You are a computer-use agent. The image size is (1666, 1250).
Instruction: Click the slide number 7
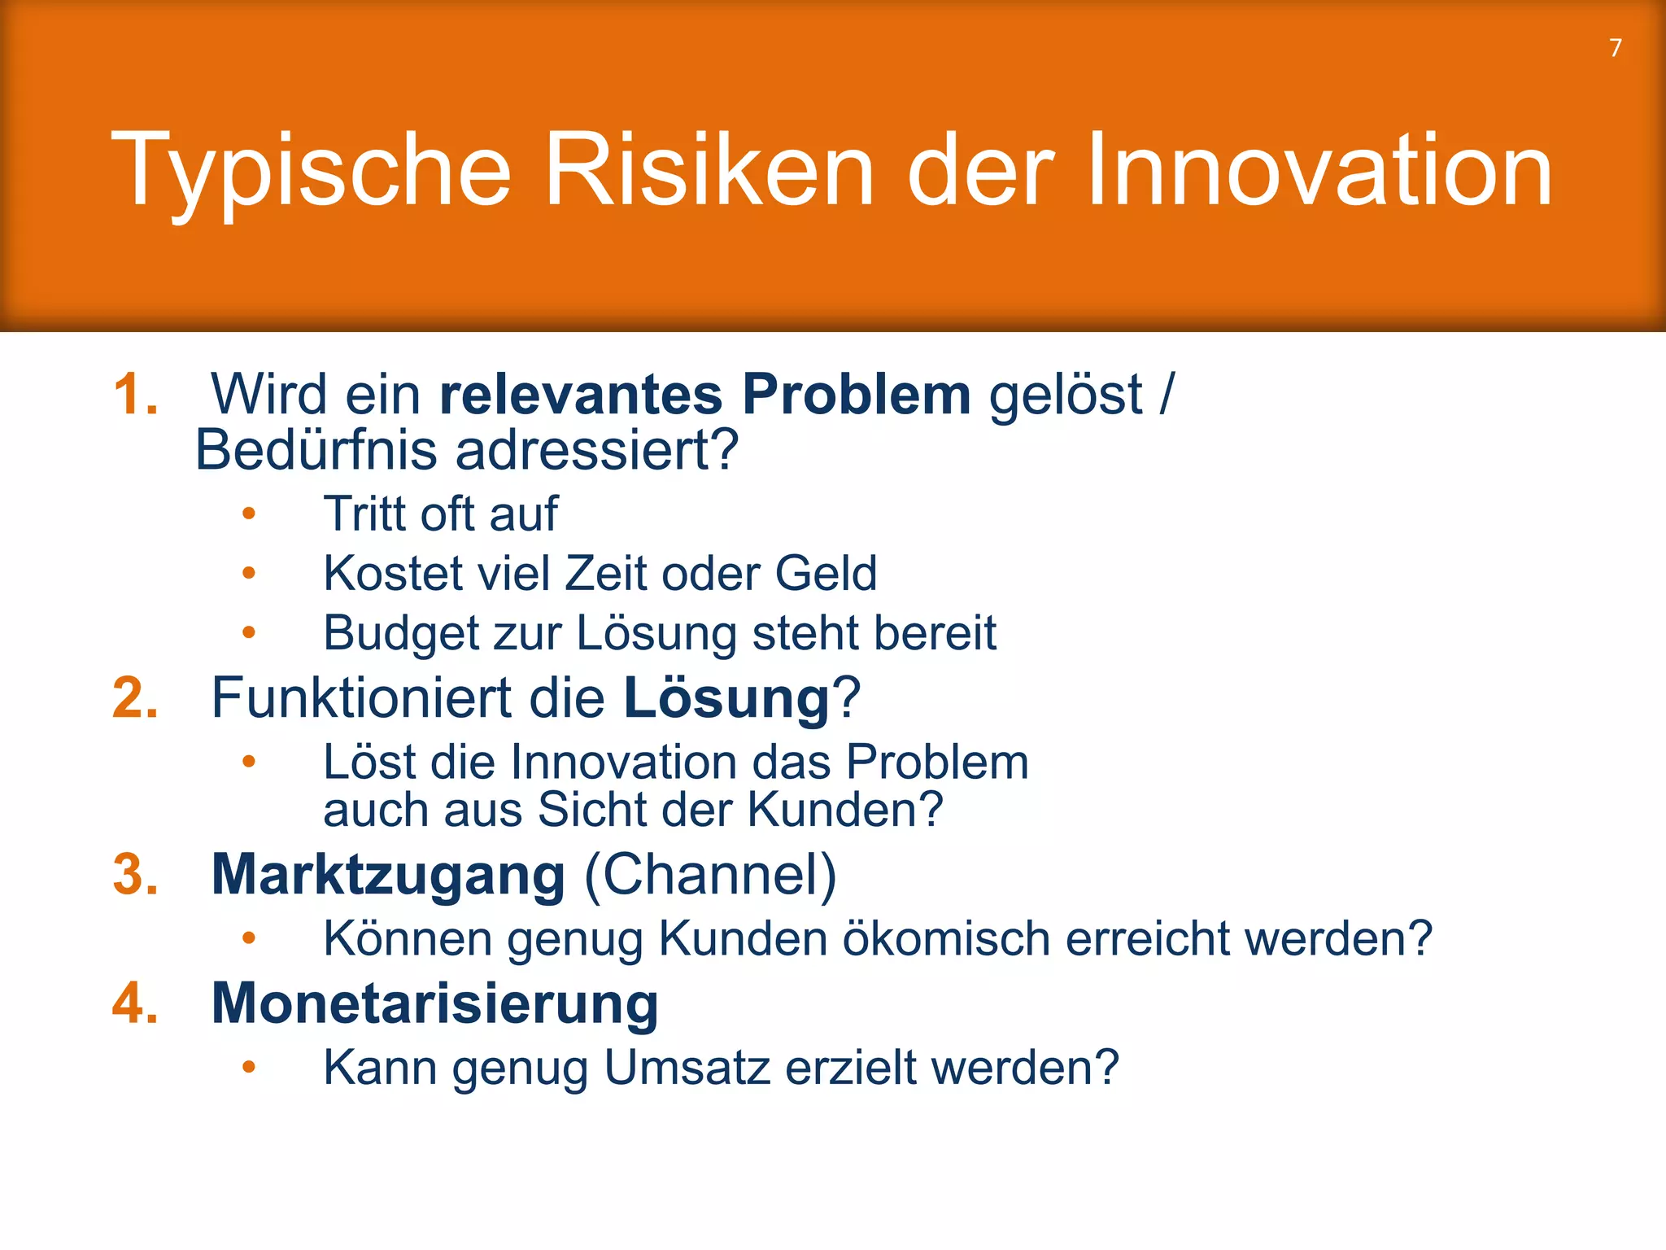[x=1616, y=48]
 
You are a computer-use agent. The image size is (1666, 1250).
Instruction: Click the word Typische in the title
[x=311, y=171]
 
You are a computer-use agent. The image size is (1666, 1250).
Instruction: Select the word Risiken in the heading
[x=709, y=171]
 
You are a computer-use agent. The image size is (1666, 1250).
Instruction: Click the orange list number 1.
[x=135, y=396]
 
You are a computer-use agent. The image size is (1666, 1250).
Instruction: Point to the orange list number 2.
[x=135, y=699]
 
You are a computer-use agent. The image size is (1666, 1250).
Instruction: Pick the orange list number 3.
[x=135, y=876]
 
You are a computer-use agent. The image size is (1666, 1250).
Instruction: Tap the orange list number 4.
[x=135, y=1003]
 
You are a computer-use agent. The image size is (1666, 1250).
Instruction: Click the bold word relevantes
[x=581, y=396]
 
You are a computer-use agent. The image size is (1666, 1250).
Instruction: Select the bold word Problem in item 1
[x=856, y=396]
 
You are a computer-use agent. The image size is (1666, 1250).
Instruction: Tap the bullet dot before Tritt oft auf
[x=249, y=514]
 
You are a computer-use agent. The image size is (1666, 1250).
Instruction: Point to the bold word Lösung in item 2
[x=726, y=699]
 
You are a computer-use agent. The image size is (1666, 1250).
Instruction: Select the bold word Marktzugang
[x=388, y=876]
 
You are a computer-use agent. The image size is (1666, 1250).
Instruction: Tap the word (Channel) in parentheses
[x=710, y=876]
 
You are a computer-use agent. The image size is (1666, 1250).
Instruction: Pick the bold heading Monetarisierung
[x=434, y=1003]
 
